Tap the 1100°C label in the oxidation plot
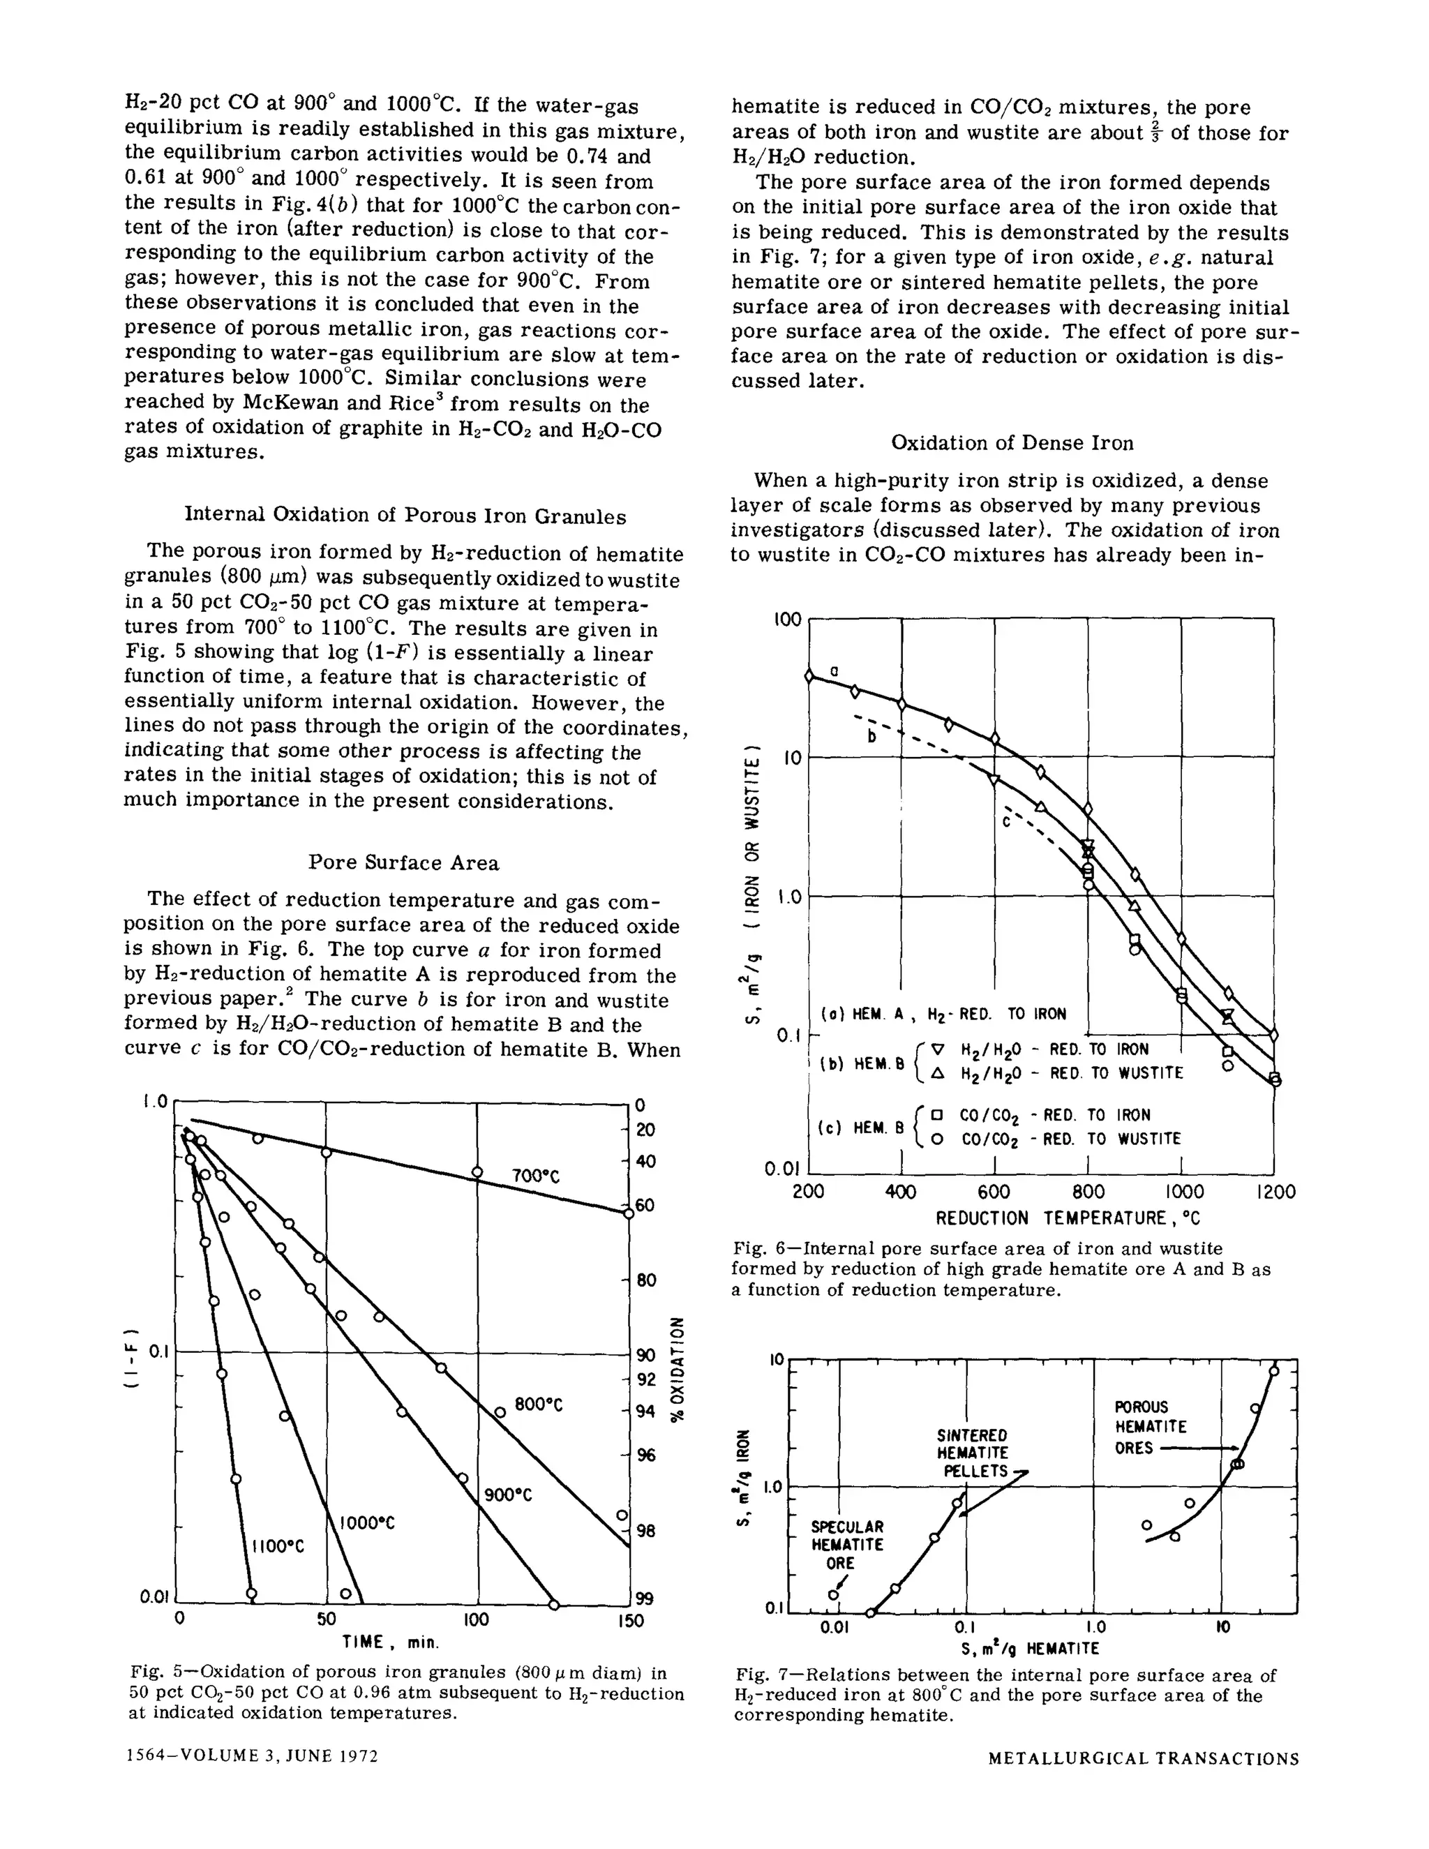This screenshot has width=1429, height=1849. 277,1547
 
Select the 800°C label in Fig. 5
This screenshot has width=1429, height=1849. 539,1405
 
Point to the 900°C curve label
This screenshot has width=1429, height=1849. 508,1495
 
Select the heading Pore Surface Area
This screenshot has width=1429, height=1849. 403,862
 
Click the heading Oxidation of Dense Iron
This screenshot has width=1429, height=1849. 1012,443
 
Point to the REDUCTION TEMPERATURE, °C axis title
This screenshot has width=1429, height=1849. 1068,1218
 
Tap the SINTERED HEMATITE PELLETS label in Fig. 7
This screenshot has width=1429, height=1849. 971,1453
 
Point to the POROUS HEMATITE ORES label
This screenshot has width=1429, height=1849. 1150,1427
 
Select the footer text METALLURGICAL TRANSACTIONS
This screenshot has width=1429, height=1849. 1143,1759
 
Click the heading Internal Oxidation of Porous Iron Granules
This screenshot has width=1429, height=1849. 405,516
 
